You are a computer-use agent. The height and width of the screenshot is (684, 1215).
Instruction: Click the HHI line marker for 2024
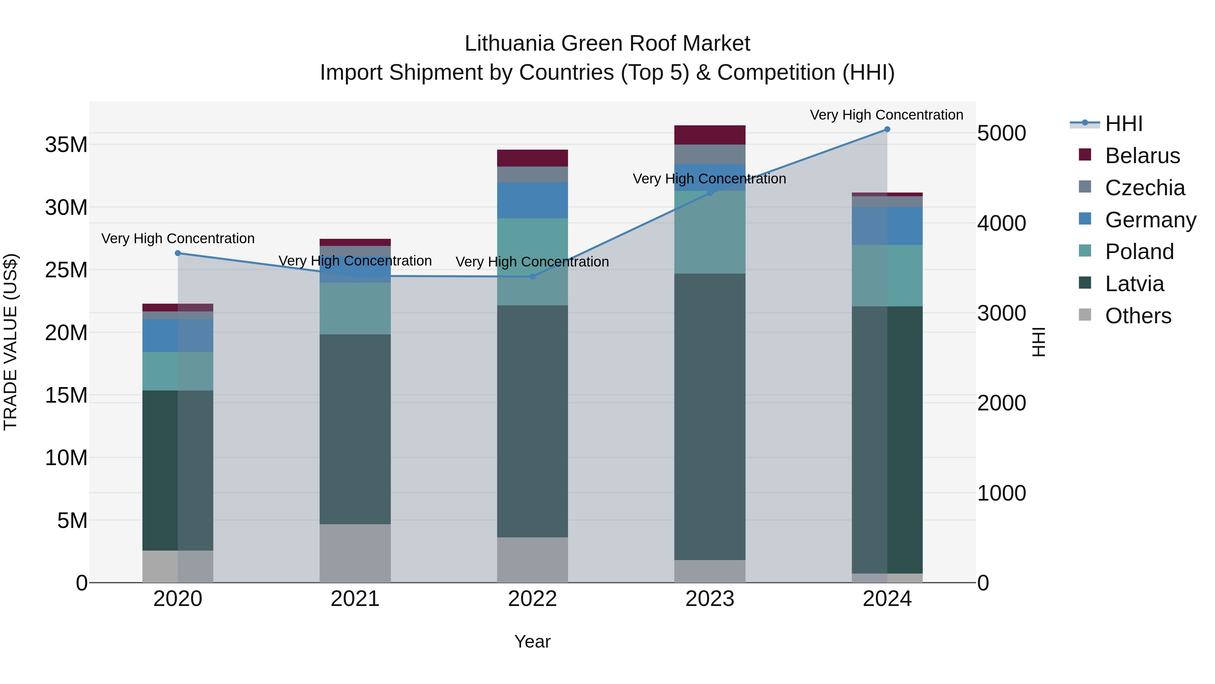click(x=887, y=129)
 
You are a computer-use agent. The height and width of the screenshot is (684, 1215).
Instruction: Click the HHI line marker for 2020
click(x=178, y=253)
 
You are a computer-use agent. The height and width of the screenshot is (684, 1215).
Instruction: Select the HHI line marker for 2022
click(x=533, y=277)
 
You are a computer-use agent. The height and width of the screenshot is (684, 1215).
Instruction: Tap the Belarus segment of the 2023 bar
click(x=709, y=135)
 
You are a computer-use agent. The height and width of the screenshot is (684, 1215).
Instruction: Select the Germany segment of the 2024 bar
click(x=887, y=226)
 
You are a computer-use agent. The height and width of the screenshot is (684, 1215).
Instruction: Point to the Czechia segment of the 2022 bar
click(x=533, y=174)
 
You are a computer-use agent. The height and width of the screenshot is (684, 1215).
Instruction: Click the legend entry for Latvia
click(x=1134, y=284)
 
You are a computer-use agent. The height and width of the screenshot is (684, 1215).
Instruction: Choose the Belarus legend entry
click(x=1142, y=156)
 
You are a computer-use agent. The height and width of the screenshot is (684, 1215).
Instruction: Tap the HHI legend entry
click(x=1124, y=124)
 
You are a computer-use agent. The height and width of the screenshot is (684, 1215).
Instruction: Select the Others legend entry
click(x=1138, y=316)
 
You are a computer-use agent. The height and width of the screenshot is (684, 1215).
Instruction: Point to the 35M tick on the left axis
click(x=66, y=145)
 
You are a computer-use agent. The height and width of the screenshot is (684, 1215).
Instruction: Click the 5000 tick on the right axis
click(x=1001, y=133)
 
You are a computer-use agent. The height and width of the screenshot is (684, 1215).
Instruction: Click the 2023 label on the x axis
click(x=709, y=599)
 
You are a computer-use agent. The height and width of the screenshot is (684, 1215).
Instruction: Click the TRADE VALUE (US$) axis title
click(x=10, y=342)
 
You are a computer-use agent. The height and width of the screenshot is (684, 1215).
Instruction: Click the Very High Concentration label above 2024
click(x=886, y=115)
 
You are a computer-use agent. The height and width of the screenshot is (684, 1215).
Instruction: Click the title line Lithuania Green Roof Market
click(x=607, y=44)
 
